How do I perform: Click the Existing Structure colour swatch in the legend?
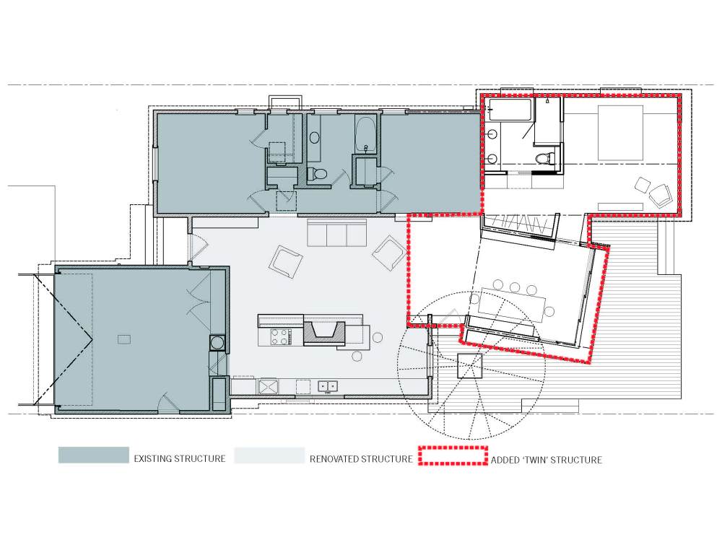pos(93,454)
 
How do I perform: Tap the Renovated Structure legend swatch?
pos(269,455)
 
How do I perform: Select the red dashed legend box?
pos(453,455)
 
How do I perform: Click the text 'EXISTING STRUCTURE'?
pos(180,458)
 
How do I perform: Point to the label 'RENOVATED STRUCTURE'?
pos(361,459)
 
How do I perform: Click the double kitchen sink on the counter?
pos(326,386)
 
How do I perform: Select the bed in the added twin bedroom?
pos(620,133)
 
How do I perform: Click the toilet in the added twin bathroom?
pos(544,156)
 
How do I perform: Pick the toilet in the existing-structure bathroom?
pos(317,173)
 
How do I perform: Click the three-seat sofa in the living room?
pos(337,233)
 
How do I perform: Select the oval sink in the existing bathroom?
pos(315,138)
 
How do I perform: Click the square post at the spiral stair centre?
pos(470,365)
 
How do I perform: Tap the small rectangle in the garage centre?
pos(124,339)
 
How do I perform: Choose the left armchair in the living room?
pos(286,261)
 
